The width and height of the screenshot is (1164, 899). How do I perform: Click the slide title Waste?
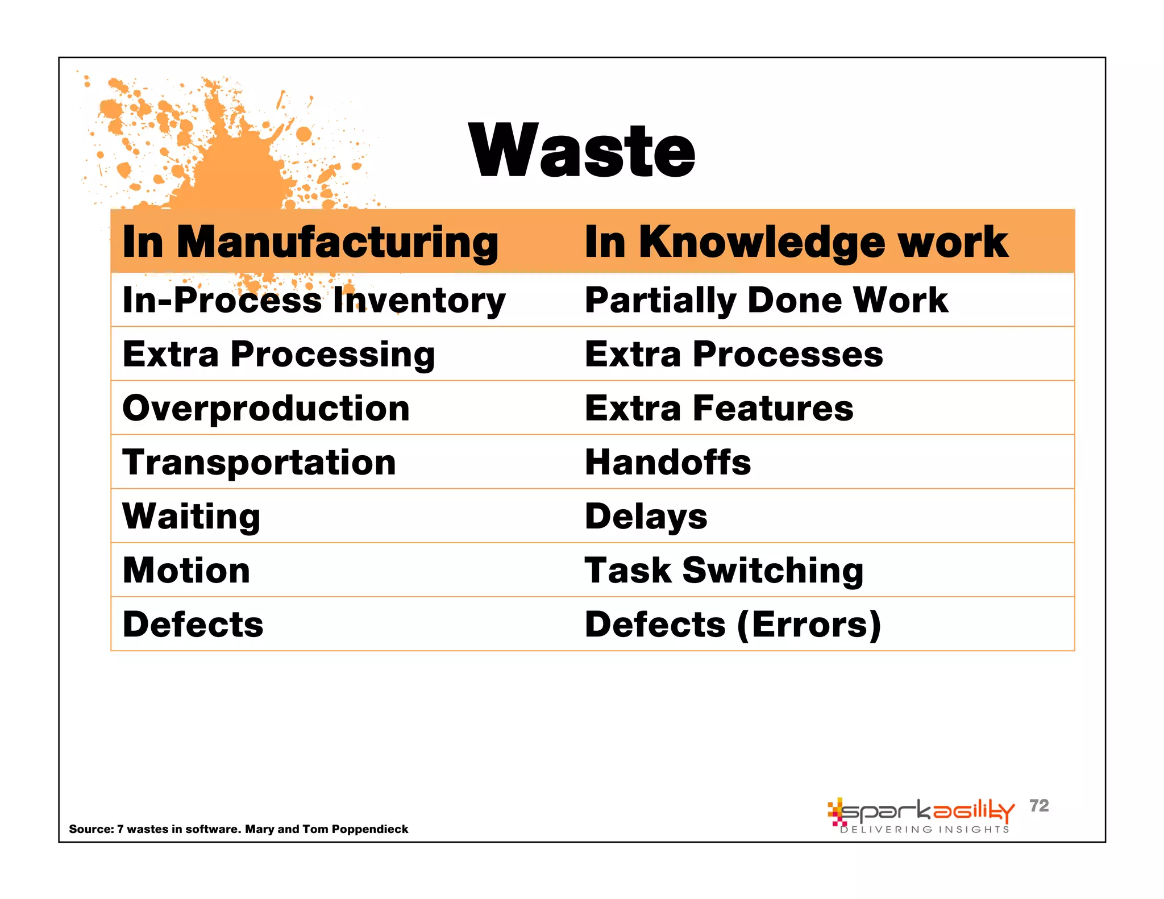pyautogui.click(x=582, y=152)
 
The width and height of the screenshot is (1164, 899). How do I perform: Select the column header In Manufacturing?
pyautogui.click(x=310, y=242)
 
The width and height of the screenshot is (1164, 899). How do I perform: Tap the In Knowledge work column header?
pyautogui.click(x=796, y=242)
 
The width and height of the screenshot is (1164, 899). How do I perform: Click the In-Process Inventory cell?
pyautogui.click(x=314, y=300)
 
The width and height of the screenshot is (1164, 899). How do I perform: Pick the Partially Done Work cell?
pyautogui.click(x=766, y=300)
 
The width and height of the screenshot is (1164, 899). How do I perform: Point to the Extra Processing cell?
pyautogui.click(x=278, y=354)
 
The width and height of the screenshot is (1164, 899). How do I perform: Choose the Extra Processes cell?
pyautogui.click(x=734, y=354)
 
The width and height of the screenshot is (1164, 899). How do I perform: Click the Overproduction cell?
pyautogui.click(x=266, y=408)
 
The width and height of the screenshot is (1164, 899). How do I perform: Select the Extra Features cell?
pyautogui.click(x=719, y=408)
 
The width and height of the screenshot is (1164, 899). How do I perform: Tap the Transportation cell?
pyautogui.click(x=259, y=462)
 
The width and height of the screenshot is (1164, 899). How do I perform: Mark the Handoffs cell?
pyautogui.click(x=668, y=462)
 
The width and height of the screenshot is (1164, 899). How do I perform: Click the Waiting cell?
pyautogui.click(x=192, y=516)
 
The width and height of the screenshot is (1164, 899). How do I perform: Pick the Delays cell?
pyautogui.click(x=646, y=516)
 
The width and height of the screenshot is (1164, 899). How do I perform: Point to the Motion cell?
pyautogui.click(x=186, y=570)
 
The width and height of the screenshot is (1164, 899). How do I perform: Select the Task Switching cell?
pyautogui.click(x=724, y=570)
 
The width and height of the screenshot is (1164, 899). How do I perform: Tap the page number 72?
pyautogui.click(x=1039, y=805)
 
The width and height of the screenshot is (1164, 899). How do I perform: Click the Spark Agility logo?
pyautogui.click(x=921, y=811)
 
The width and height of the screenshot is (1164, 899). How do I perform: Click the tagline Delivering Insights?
pyautogui.click(x=925, y=830)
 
